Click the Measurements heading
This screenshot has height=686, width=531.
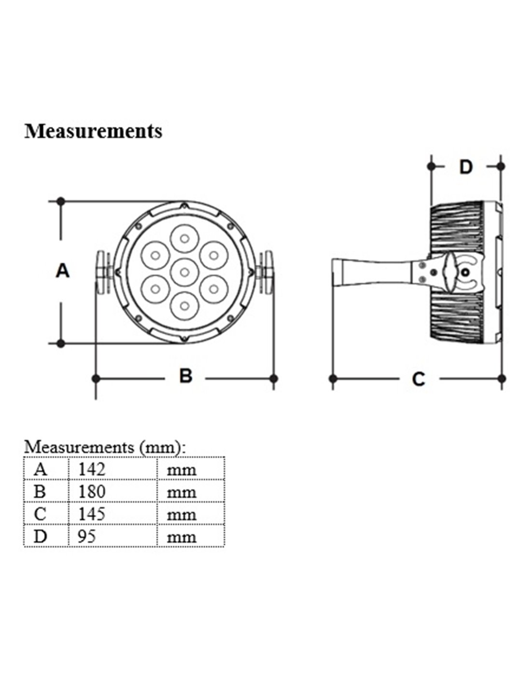(93, 131)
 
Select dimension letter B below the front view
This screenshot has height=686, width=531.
(185, 375)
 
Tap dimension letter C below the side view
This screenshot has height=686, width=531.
(419, 379)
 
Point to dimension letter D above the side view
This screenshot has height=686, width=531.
(465, 167)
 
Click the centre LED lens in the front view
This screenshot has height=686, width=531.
(183, 272)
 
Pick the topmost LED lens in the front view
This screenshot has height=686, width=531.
(183, 238)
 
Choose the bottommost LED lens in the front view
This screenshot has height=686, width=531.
(183, 305)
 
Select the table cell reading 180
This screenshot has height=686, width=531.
(91, 492)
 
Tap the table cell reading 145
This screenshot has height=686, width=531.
(91, 514)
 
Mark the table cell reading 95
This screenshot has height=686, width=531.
(87, 536)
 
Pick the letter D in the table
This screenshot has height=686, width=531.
(41, 536)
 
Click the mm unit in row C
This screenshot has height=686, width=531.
(181, 514)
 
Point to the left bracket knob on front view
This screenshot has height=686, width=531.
(102, 272)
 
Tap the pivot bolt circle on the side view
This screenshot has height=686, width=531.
(465, 273)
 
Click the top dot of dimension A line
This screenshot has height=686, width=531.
(61, 201)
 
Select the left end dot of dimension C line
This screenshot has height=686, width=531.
(333, 378)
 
